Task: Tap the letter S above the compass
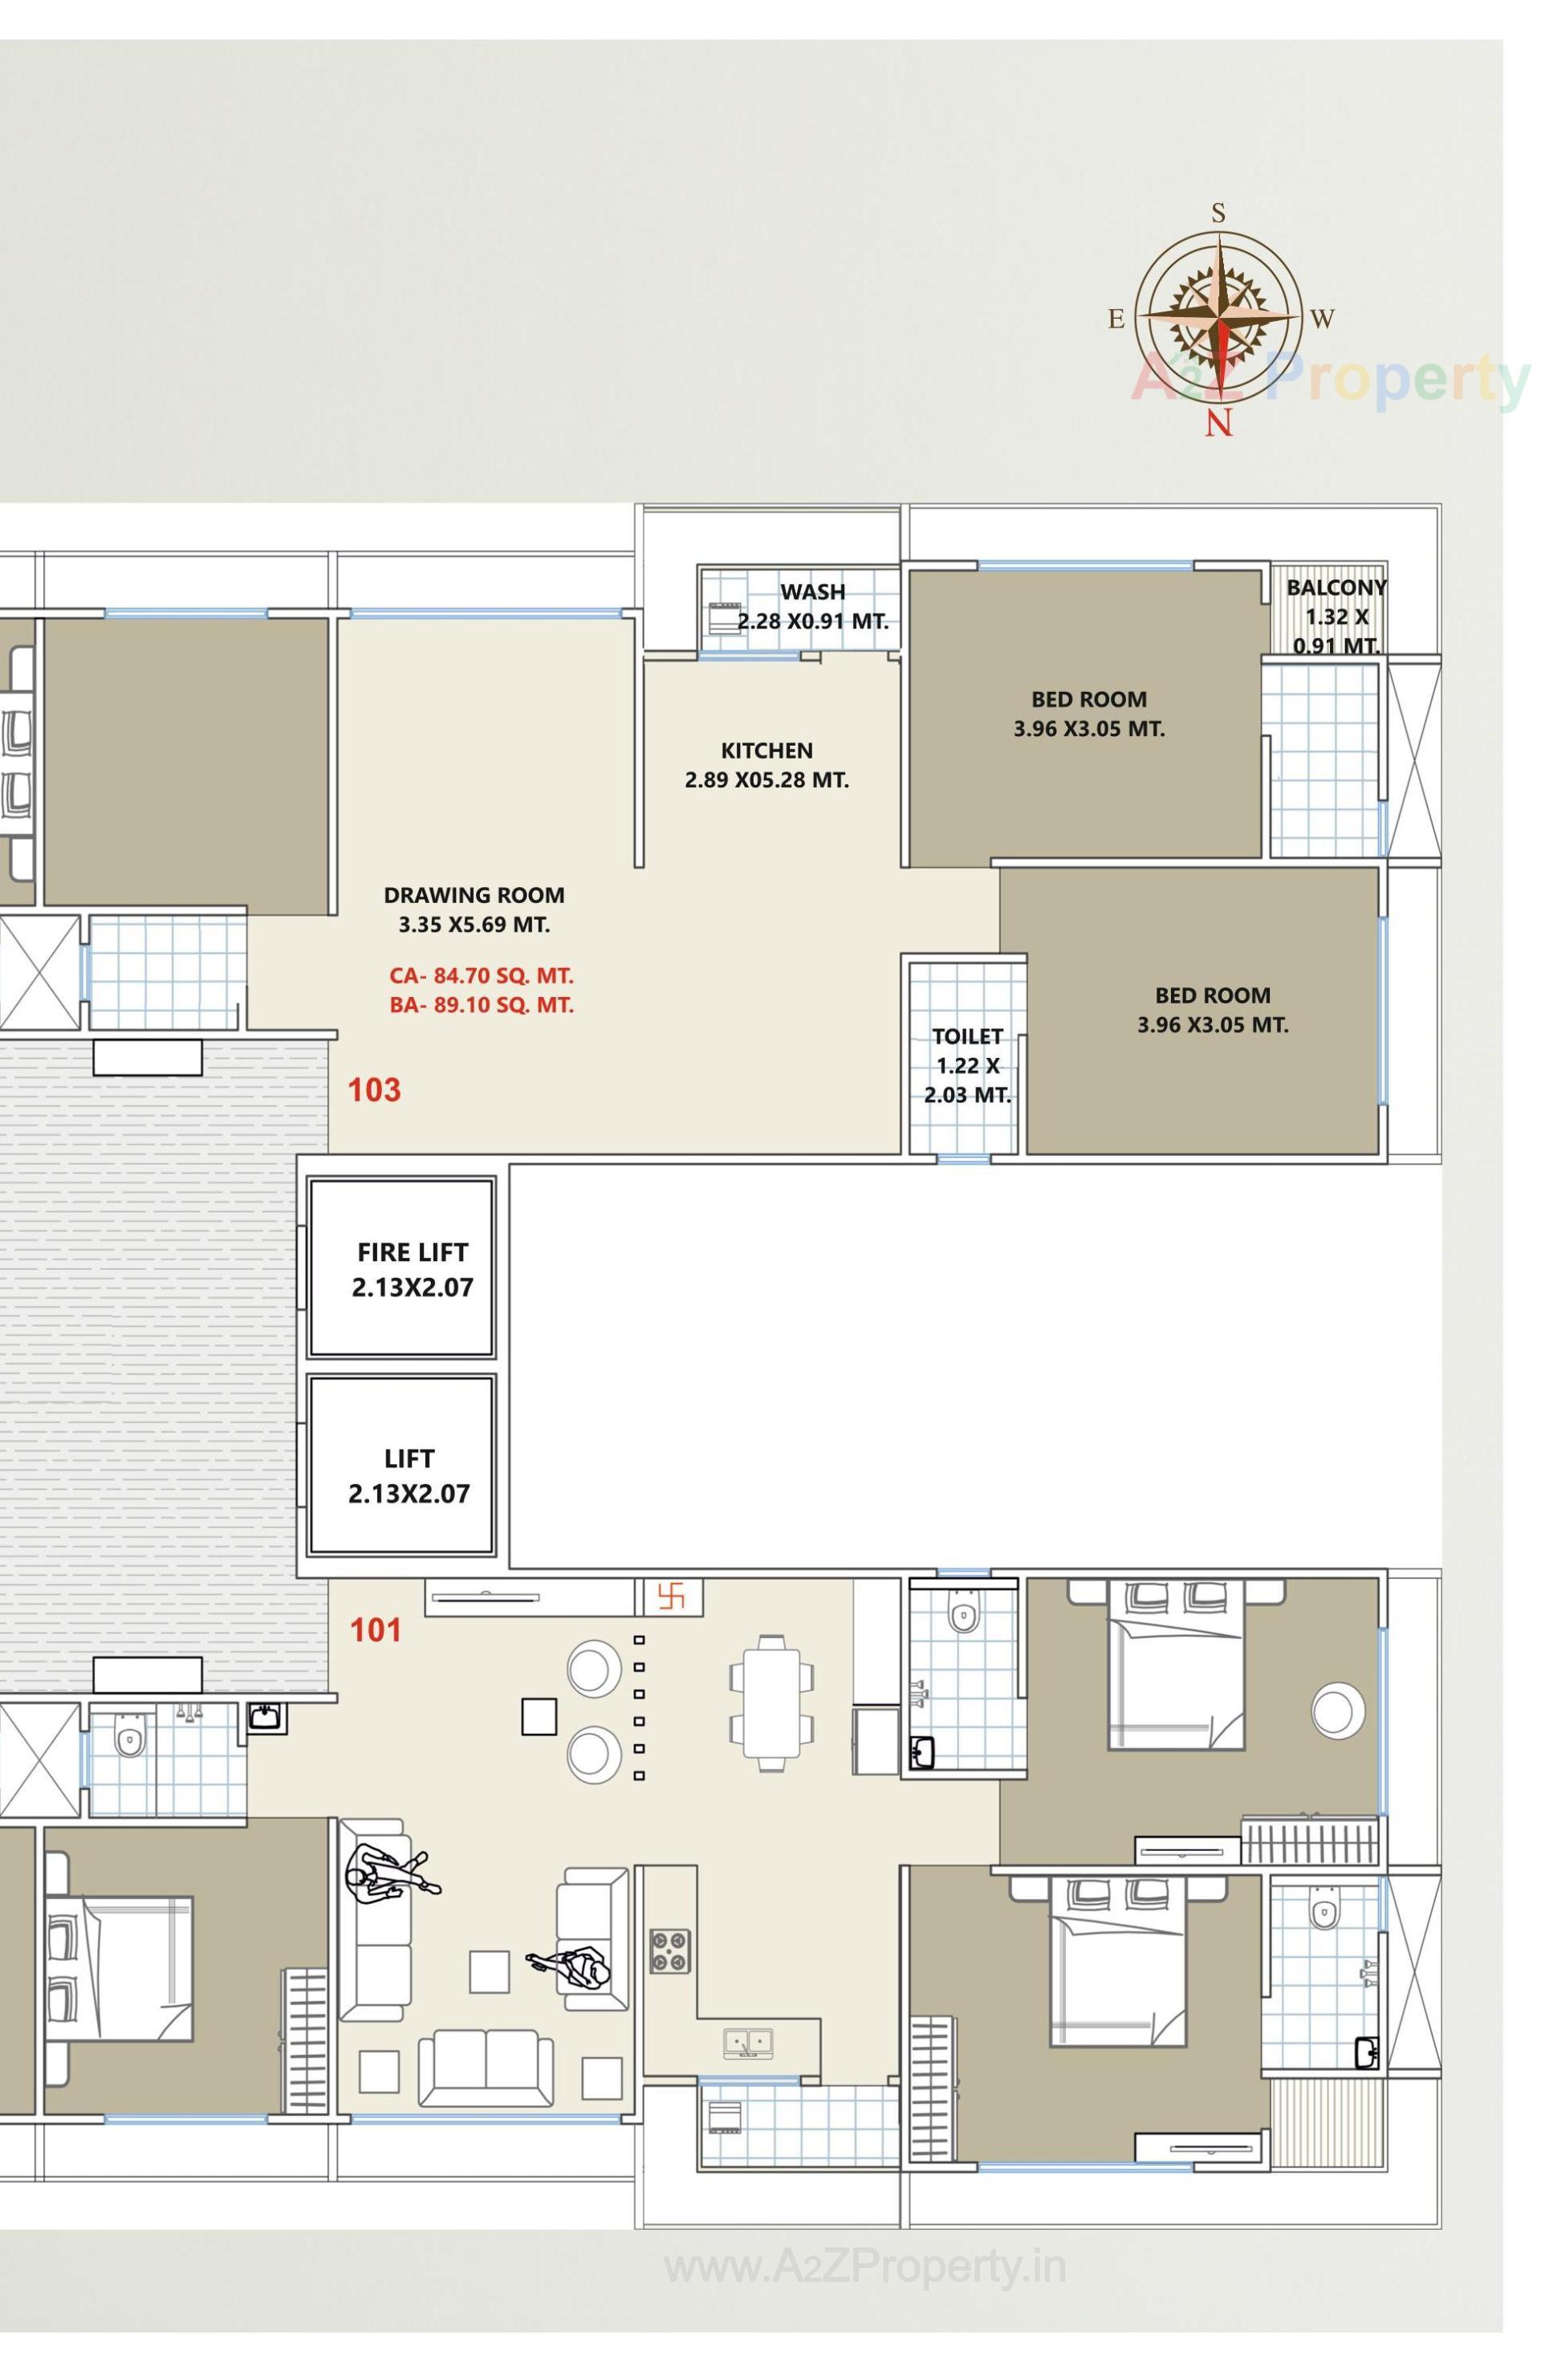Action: [1218, 212]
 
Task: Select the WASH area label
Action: [812, 592]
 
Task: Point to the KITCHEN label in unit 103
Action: [766, 751]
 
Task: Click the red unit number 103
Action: [375, 1089]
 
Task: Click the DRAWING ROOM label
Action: [474, 895]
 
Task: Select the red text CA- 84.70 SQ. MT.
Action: [482, 976]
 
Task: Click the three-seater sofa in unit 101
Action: [486, 2069]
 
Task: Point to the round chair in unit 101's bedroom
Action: [1338, 1711]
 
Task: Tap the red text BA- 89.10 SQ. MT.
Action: [482, 1006]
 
